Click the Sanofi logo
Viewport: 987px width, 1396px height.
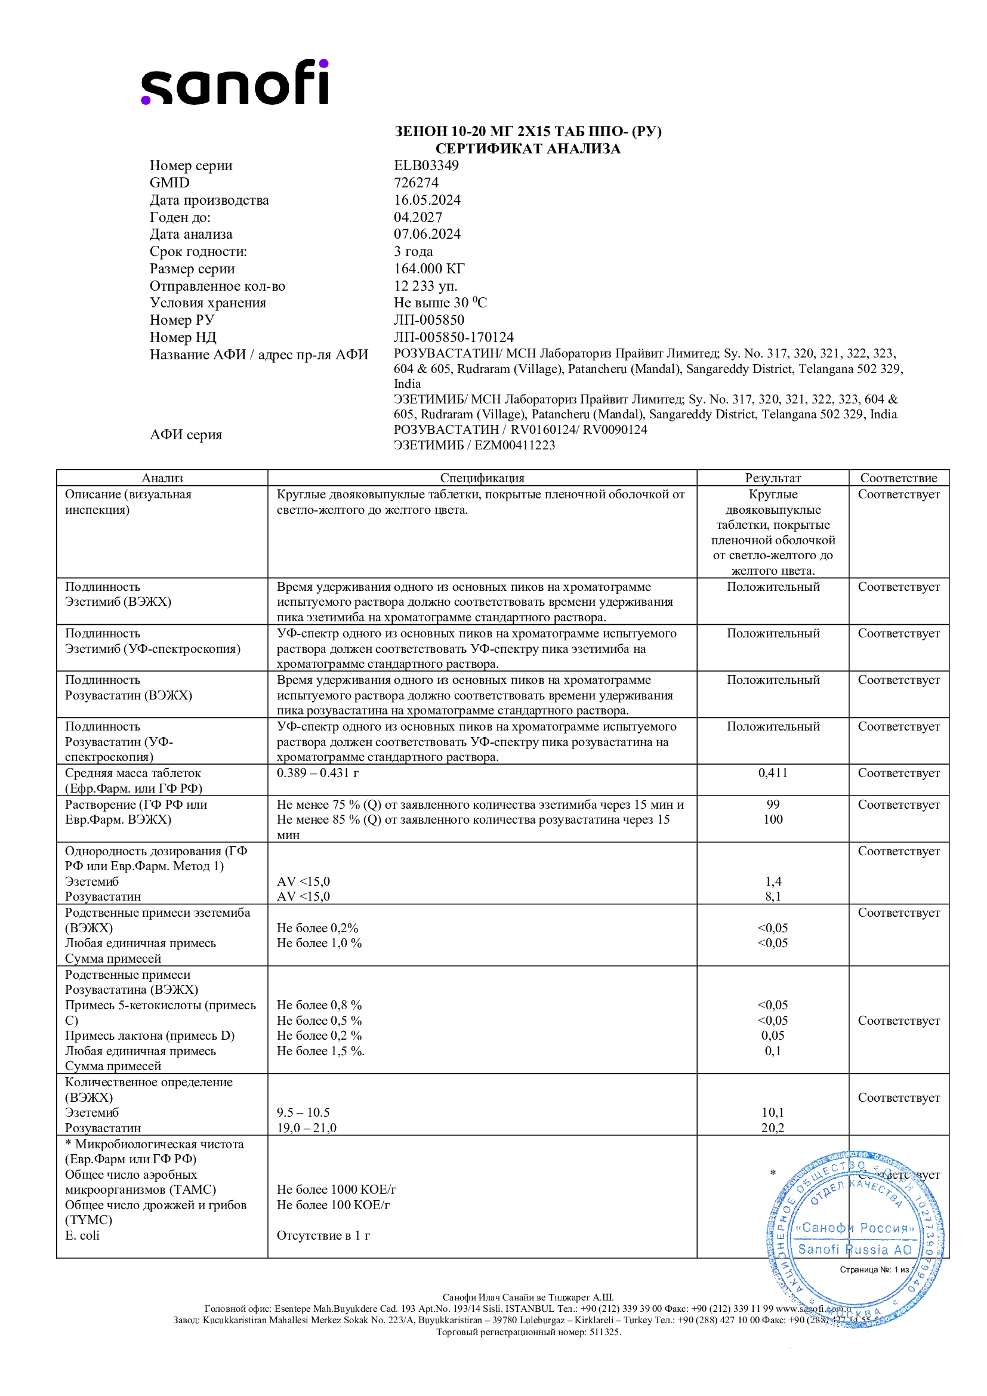235,83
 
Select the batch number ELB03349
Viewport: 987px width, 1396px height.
426,165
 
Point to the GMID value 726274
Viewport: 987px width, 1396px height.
416,183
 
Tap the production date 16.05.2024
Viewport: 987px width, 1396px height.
427,200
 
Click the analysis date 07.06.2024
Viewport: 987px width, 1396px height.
427,234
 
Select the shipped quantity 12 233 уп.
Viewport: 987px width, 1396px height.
425,286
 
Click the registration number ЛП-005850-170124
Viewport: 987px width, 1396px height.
454,337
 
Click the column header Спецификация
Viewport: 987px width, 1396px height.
482,478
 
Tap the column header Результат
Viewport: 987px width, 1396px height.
772,478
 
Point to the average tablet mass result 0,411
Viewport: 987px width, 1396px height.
772,773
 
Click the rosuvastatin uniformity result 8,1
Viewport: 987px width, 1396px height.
772,896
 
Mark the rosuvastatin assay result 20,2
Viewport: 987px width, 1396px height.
772,1128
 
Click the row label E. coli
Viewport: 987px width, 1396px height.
82,1235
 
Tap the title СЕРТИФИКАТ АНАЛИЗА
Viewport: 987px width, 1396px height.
528,149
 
